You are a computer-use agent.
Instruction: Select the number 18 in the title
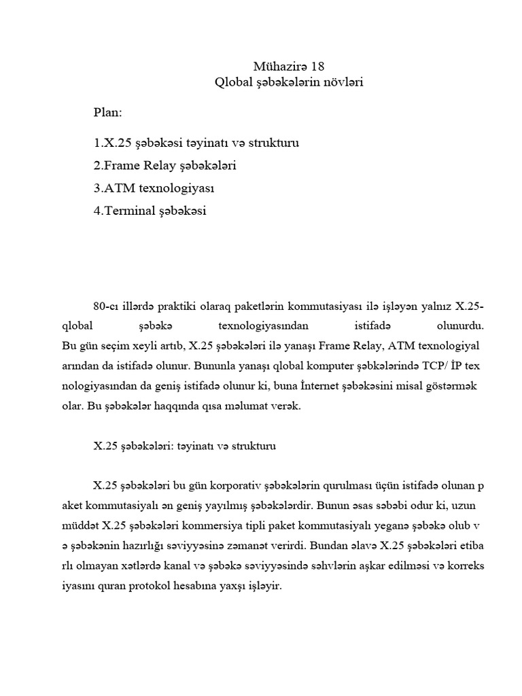click(317, 66)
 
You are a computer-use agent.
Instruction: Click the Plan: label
click(108, 111)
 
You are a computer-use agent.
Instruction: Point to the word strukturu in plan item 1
click(272, 143)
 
